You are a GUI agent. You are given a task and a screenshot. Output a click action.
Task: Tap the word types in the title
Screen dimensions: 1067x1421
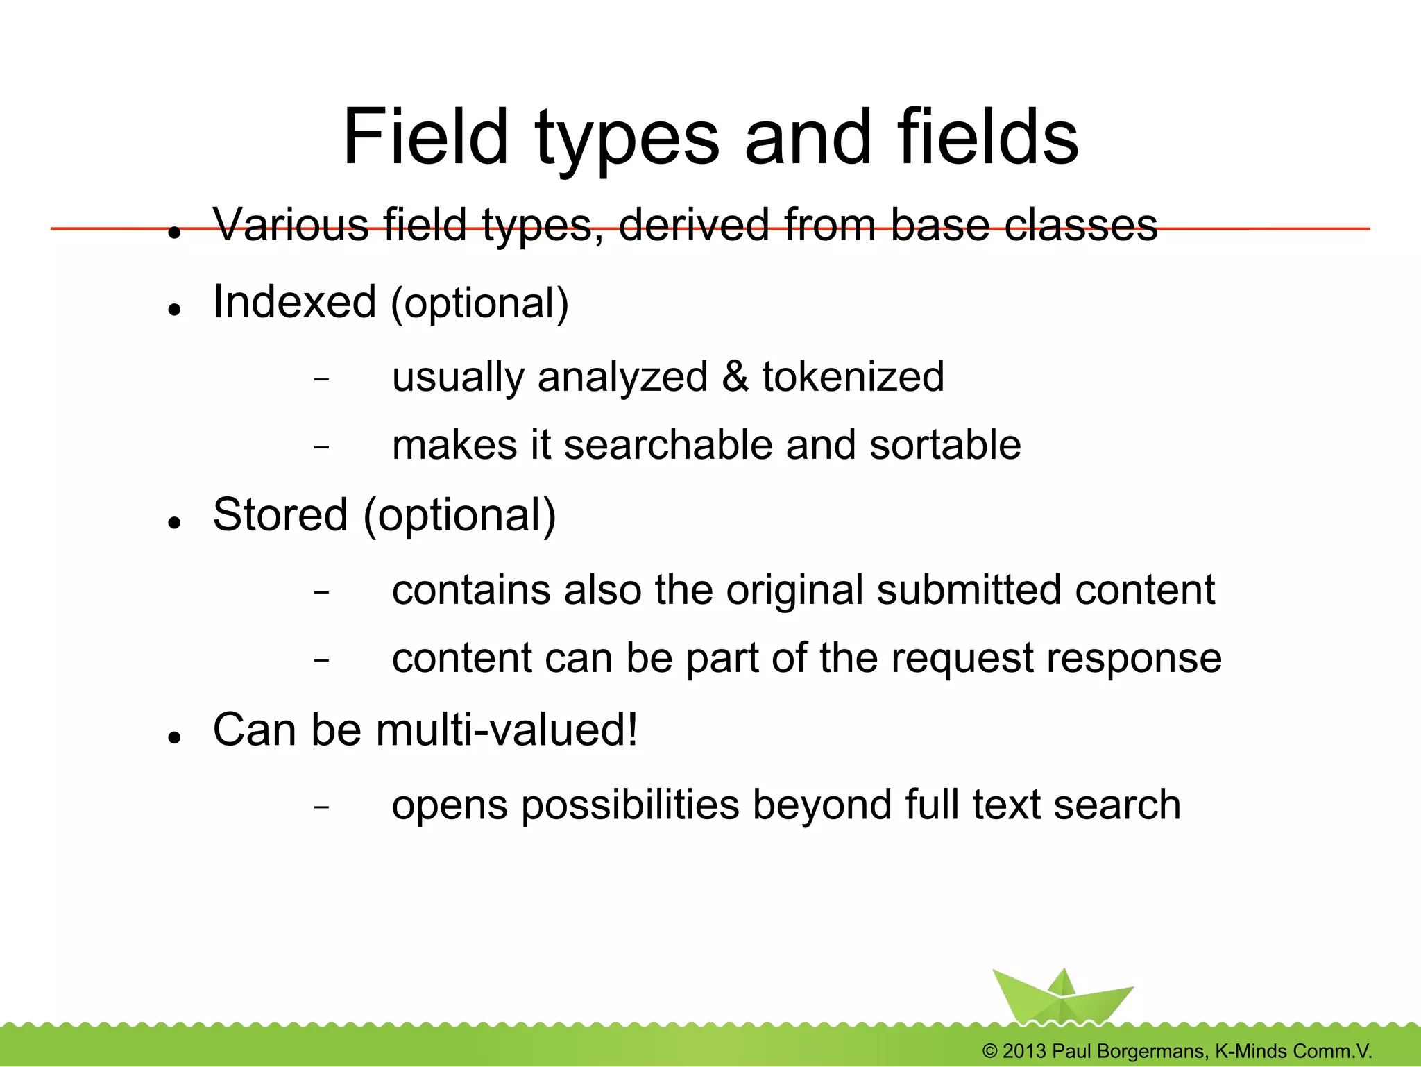pos(627,139)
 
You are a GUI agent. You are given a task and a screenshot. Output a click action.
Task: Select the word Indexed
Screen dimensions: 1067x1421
pos(295,303)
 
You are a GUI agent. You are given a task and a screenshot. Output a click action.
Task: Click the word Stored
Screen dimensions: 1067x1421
pos(280,516)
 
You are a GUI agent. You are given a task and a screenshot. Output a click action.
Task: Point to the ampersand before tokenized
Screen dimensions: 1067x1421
pos(735,377)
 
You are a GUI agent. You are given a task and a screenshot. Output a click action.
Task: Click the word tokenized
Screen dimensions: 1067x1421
pos(853,377)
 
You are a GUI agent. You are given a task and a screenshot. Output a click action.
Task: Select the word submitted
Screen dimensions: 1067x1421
pos(969,590)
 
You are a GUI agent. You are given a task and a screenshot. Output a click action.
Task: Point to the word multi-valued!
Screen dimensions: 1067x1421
pos(507,730)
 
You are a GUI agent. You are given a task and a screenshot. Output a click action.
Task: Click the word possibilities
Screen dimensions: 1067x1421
pos(630,806)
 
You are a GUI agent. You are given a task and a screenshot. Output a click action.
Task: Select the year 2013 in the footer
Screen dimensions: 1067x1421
pos(1024,1051)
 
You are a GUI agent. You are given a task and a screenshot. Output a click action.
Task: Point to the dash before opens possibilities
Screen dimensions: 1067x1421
pos(321,807)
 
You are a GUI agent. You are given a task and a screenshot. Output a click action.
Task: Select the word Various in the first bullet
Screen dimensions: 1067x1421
pos(291,225)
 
